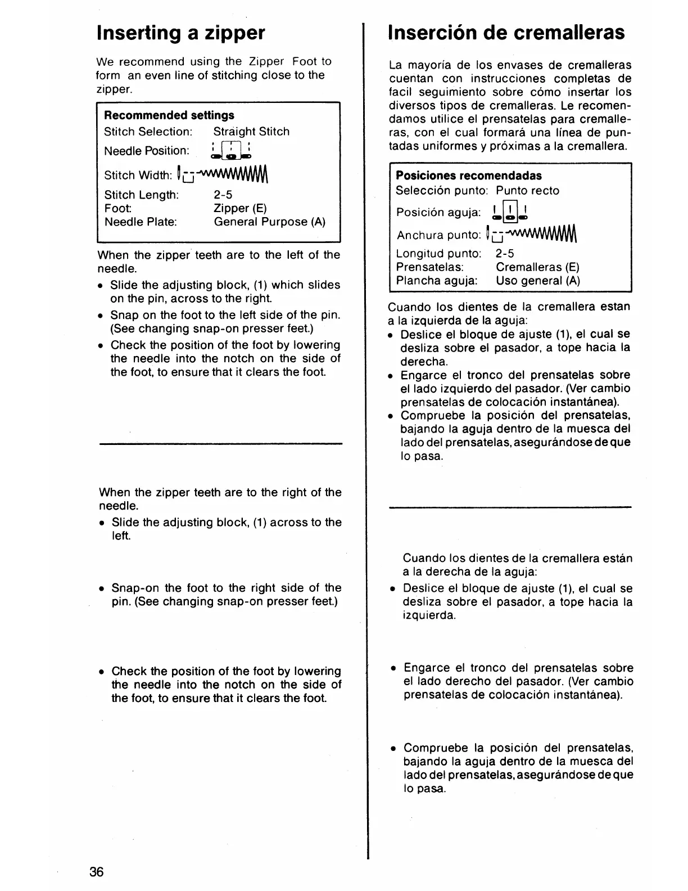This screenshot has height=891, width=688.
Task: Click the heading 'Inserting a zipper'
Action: [180, 33]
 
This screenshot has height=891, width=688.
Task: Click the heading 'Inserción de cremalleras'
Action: [506, 33]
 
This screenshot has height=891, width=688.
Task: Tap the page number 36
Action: [96, 872]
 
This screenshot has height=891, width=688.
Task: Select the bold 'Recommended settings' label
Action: [169, 115]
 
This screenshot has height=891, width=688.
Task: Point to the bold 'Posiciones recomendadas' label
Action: [469, 175]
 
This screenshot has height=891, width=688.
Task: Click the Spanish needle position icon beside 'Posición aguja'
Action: [510, 211]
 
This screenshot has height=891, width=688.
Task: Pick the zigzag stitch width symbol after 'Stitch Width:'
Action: [224, 174]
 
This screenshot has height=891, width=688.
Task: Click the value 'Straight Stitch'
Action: [251, 132]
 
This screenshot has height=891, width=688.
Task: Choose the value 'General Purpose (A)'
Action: [269, 222]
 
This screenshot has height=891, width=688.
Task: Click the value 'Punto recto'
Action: [527, 191]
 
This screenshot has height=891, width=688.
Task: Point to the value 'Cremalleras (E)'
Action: [537, 267]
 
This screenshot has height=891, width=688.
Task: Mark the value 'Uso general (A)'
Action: [538, 281]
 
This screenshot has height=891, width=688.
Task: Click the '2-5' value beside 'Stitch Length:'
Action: [223, 195]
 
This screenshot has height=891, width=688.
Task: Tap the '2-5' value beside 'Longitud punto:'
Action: [505, 254]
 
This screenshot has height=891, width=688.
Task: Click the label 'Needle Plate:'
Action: [141, 222]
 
